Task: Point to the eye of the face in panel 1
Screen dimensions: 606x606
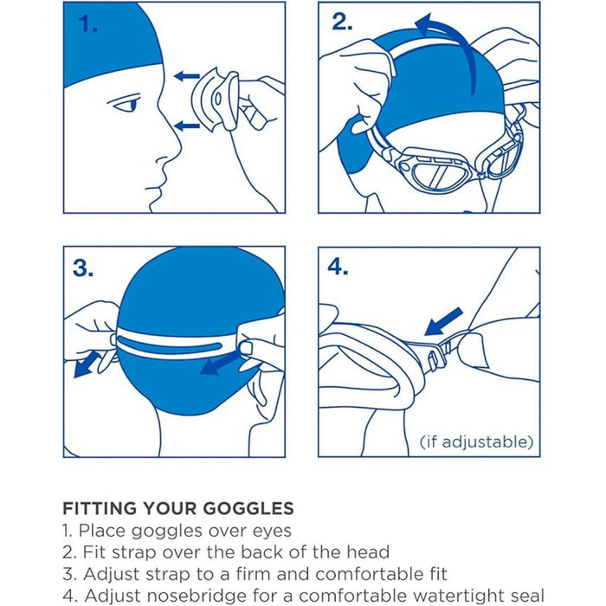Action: click(x=127, y=106)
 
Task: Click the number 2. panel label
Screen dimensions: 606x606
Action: click(x=342, y=23)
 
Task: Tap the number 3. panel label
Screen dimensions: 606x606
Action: click(x=83, y=268)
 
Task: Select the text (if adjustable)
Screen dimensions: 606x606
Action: click(x=476, y=442)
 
